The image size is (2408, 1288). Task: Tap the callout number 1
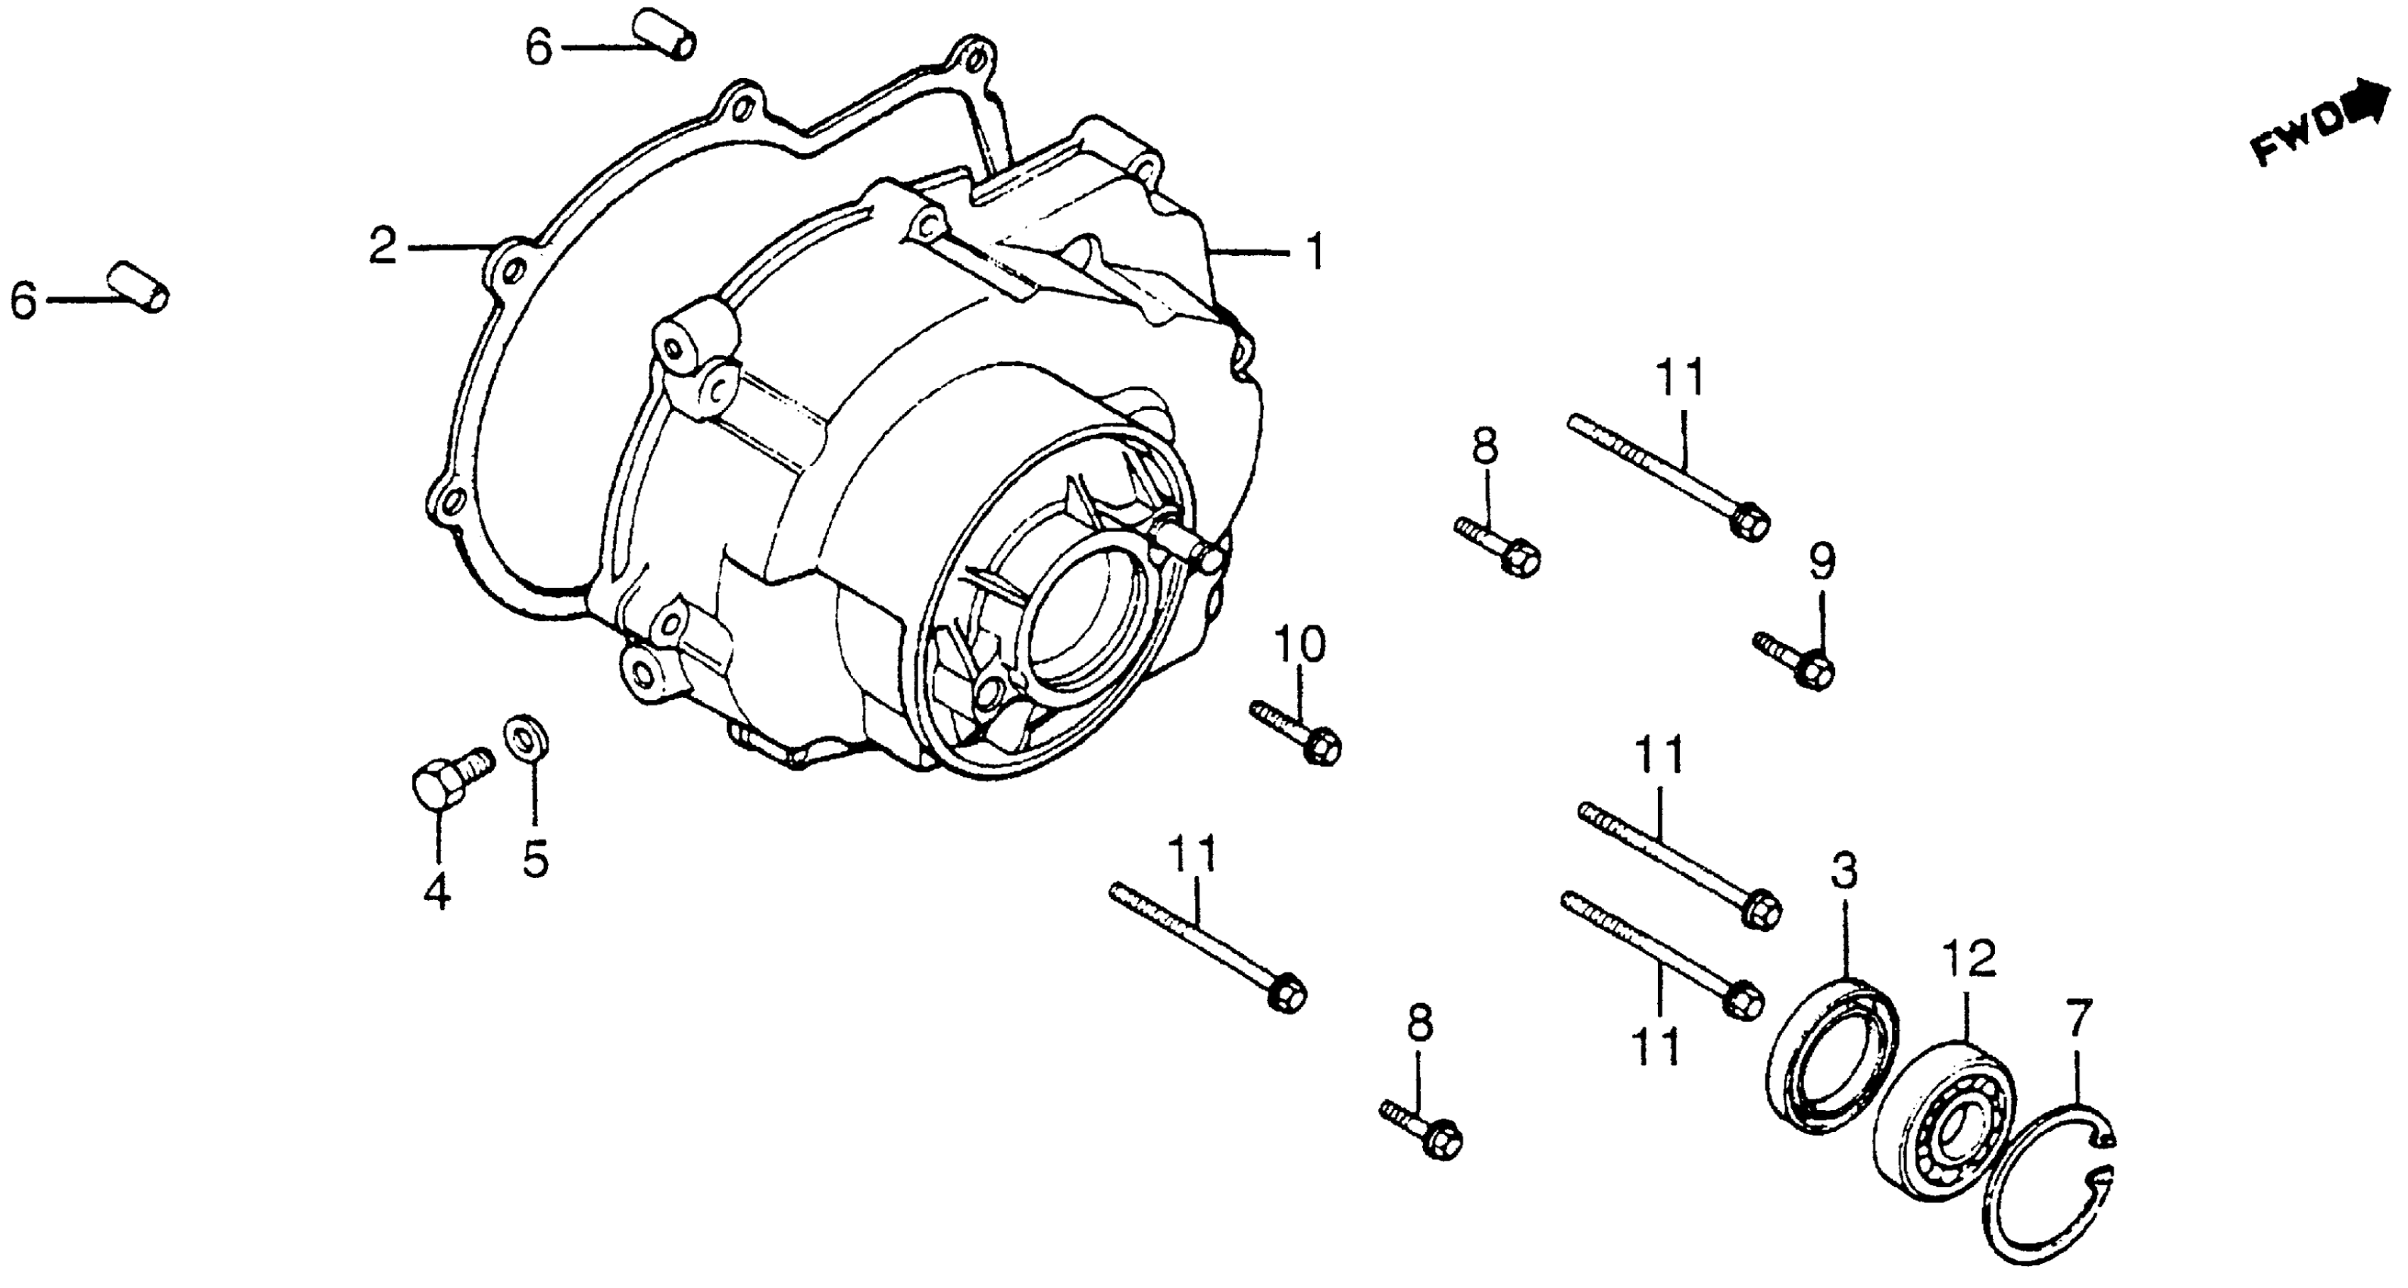tap(1315, 251)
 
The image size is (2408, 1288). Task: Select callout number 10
tap(1300, 645)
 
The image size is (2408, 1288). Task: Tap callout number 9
tap(1822, 561)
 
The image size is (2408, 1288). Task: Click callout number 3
tap(1843, 871)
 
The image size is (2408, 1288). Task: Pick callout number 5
tap(535, 859)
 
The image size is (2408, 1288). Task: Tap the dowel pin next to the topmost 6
tap(665, 33)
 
